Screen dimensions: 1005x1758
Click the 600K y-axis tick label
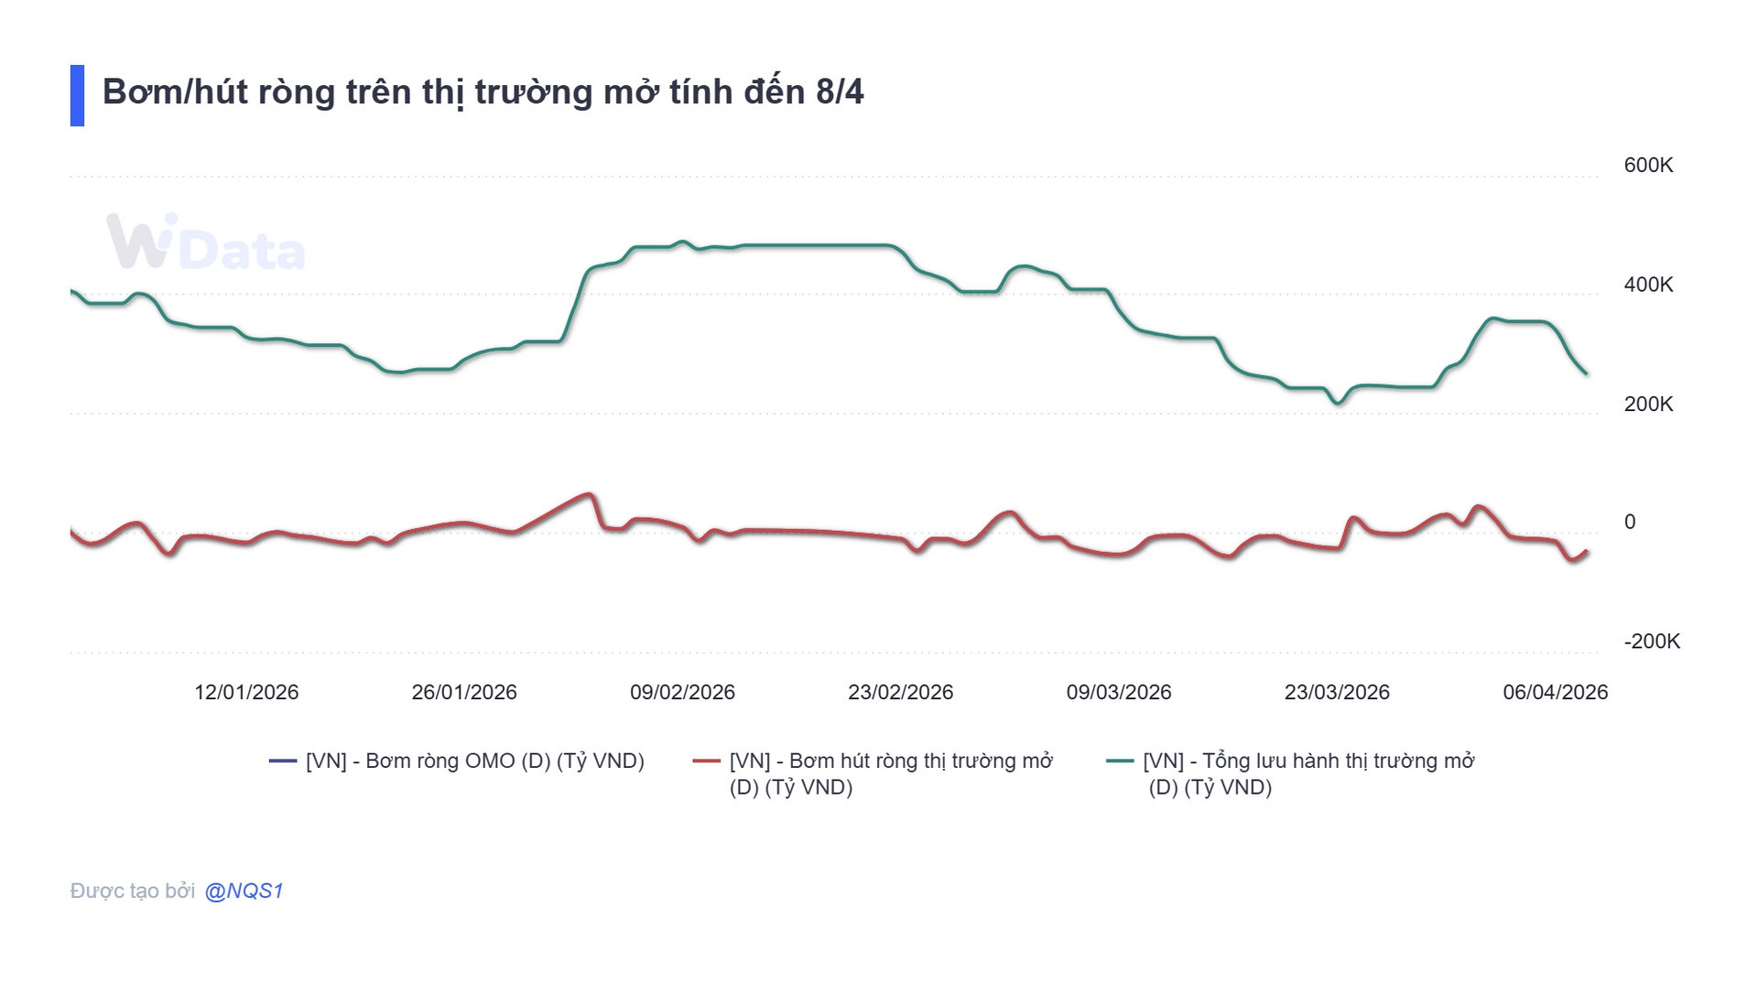tap(1647, 166)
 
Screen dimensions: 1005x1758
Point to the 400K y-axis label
tap(1647, 285)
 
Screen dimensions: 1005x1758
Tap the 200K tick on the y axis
tap(1647, 404)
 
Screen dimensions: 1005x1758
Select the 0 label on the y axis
tap(1629, 522)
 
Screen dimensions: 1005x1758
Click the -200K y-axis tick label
tap(1651, 642)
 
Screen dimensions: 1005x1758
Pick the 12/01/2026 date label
tap(246, 692)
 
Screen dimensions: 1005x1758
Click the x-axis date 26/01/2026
tap(464, 692)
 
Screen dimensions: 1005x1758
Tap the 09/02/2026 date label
tap(682, 692)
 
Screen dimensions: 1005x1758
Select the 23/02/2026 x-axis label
tap(900, 692)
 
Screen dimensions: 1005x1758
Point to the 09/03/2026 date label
tap(1118, 692)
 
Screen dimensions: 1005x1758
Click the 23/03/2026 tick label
tap(1336, 692)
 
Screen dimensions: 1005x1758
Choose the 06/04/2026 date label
tap(1555, 692)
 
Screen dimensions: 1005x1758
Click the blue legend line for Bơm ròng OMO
tap(283, 761)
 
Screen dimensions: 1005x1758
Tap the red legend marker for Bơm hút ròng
tap(707, 761)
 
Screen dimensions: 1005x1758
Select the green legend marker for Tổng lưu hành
tap(1120, 761)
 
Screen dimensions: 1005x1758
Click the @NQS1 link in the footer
tap(244, 891)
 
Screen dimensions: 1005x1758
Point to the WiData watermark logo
tap(205, 243)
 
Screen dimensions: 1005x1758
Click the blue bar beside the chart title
tap(77, 95)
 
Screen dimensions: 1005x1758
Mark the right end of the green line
tap(1586, 373)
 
